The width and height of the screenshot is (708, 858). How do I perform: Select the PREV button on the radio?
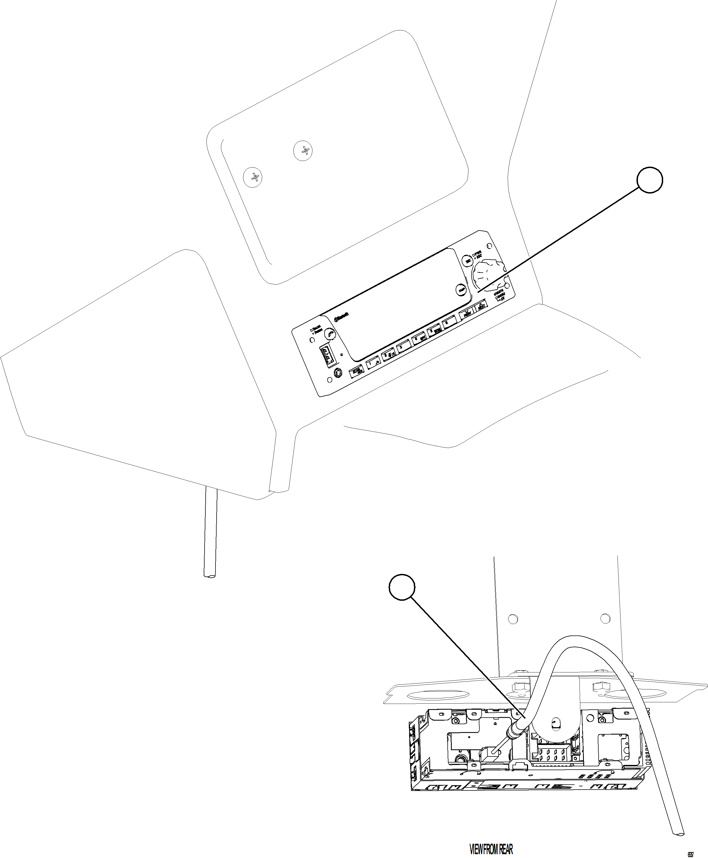pyautogui.click(x=466, y=313)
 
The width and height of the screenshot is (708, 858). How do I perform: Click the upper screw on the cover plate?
pyautogui.click(x=303, y=151)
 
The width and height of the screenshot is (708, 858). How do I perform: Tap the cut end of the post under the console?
pyautogui.click(x=210, y=576)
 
